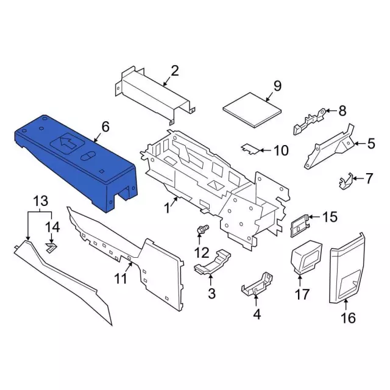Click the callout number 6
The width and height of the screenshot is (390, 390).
pos(105,127)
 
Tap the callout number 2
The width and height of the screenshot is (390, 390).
pos(175,71)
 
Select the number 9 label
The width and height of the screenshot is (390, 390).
pos(277,86)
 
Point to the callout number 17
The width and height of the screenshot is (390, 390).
pos(302,294)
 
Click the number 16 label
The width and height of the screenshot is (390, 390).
pos(348,318)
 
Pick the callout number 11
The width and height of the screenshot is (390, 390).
pos(121,278)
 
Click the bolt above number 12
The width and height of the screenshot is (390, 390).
pos(203,229)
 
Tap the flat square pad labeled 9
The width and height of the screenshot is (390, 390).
pos(252,110)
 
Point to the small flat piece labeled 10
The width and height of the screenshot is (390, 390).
pos(250,149)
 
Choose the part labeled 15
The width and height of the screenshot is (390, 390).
pos(300,225)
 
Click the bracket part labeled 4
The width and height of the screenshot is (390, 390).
pos(257,284)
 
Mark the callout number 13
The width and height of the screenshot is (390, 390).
pos(41,200)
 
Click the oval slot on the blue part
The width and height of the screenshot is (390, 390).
pos(87,156)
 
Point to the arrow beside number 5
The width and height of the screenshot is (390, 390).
pos(360,143)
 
